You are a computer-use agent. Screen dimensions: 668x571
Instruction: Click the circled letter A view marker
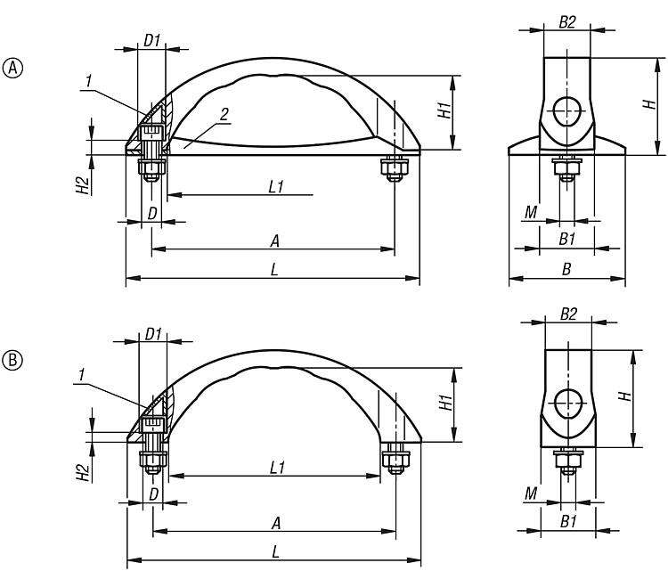point(12,69)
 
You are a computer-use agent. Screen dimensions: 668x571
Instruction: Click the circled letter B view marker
point(12,361)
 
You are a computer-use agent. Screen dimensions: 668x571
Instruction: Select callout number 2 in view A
point(224,114)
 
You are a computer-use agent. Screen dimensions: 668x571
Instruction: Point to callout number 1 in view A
point(88,81)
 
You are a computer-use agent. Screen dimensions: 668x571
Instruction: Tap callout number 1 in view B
point(81,375)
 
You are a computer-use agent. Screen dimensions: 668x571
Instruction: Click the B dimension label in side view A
point(566,269)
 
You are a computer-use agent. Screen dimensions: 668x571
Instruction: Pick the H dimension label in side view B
point(625,396)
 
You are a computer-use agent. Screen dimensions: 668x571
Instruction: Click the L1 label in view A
point(276,187)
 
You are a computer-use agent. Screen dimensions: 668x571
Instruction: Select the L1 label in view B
point(277,468)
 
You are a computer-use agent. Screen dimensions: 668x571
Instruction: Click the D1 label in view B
point(153,335)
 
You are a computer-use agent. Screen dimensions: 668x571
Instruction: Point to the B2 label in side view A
point(567,22)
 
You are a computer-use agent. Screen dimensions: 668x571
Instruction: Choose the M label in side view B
point(531,494)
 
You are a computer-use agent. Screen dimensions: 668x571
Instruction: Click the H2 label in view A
point(83,185)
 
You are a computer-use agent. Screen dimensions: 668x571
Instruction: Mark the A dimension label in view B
point(276,523)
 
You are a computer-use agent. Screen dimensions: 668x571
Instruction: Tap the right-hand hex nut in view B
point(395,460)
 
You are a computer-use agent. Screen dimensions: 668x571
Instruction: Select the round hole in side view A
point(567,110)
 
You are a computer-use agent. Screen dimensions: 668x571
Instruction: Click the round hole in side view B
point(568,403)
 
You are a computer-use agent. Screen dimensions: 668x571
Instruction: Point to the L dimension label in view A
point(275,269)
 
